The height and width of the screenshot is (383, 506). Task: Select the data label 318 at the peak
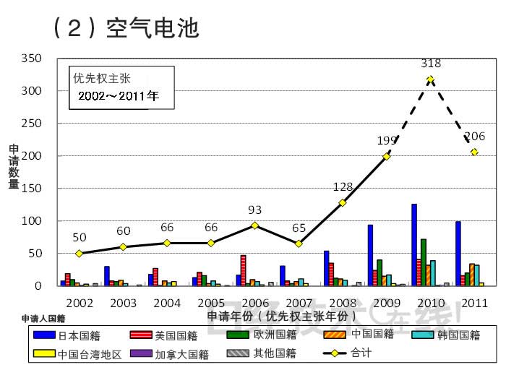tap(431, 64)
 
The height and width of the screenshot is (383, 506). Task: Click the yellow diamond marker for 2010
tap(431, 79)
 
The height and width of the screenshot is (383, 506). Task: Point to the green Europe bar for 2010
tap(424, 262)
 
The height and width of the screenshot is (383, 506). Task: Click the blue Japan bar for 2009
tap(370, 255)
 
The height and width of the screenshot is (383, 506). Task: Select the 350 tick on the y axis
tap(32, 59)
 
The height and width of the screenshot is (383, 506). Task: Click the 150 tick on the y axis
tap(32, 189)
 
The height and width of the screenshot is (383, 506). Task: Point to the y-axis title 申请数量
tap(14, 166)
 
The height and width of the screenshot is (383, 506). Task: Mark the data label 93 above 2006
tap(254, 210)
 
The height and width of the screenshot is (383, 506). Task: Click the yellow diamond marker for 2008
tap(343, 202)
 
